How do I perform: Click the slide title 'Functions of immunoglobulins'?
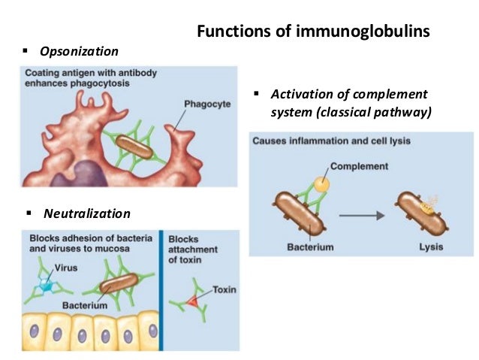click(313, 32)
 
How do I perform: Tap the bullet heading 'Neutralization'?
click(86, 213)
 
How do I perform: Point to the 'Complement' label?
click(359, 166)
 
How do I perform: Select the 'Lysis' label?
click(430, 247)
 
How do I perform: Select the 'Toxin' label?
click(224, 289)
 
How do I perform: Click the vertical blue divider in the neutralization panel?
click(161, 289)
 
